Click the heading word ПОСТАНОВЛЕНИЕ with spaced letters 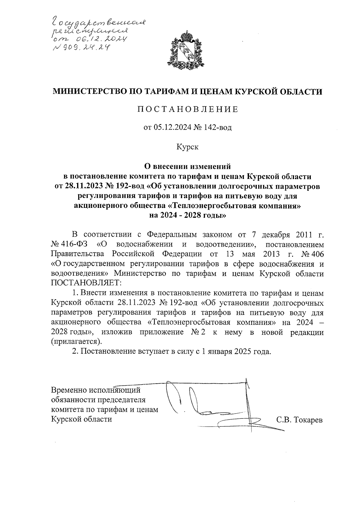[x=187, y=109]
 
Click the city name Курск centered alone [x=187, y=147]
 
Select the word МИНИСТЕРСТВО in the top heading [x=90, y=91]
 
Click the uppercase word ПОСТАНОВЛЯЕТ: [x=86, y=283]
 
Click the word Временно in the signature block [x=68, y=391]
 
